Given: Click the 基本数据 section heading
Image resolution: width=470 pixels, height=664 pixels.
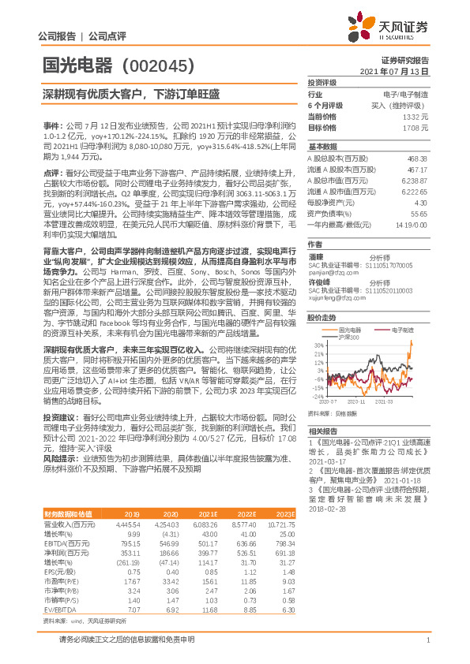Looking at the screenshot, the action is [x=322, y=147].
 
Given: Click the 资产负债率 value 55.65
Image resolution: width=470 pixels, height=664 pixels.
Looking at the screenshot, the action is [x=419, y=213].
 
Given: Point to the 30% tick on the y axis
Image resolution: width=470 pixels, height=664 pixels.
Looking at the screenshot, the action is [x=318, y=323].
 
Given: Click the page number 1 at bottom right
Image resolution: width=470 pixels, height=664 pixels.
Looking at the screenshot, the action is [x=427, y=640].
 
